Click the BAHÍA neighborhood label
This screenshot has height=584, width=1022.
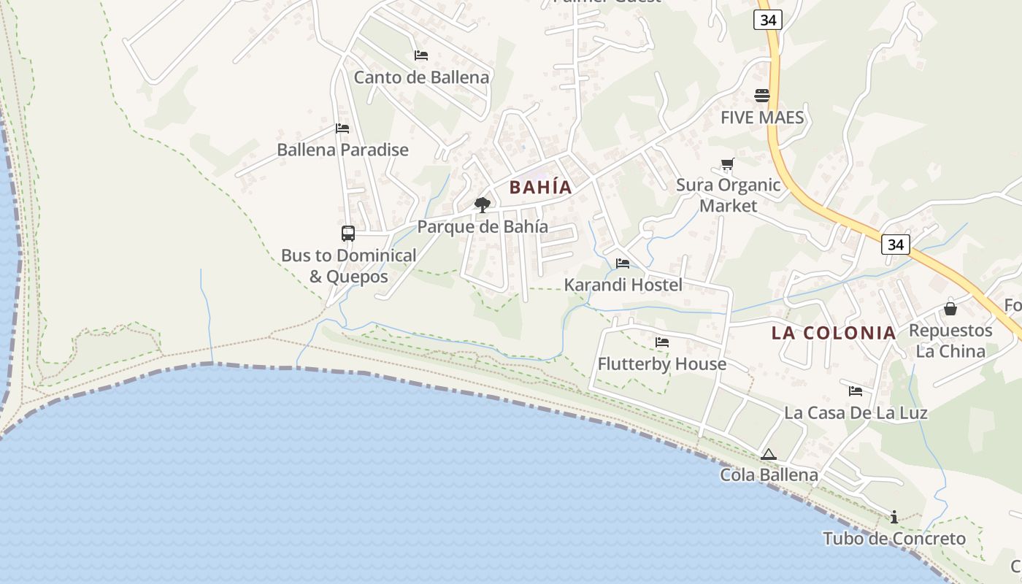(540, 187)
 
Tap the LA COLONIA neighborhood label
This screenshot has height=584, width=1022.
(834, 333)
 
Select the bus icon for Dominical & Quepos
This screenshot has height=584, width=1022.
(348, 234)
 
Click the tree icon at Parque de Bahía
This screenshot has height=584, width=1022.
(482, 205)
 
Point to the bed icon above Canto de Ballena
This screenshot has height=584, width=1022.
(421, 55)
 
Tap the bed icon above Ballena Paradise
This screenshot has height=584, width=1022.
(342, 128)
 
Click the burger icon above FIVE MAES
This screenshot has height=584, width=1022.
(762, 96)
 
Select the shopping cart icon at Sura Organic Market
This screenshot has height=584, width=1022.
(727, 164)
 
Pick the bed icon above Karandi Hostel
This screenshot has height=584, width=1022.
(623, 264)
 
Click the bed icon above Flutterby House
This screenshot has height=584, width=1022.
(662, 342)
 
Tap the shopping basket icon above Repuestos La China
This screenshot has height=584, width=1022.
(950, 309)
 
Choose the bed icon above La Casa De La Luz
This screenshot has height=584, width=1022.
(856, 391)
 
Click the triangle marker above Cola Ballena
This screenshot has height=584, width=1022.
(768, 454)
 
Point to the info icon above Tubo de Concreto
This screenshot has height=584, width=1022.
(894, 518)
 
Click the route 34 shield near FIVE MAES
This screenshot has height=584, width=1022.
(768, 20)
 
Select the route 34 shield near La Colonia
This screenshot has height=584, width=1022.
(896, 245)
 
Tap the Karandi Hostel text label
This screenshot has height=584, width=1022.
(623, 285)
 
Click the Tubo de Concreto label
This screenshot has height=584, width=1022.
(894, 539)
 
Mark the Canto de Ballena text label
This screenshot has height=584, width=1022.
(421, 77)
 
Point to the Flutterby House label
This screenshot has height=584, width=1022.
(662, 364)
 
